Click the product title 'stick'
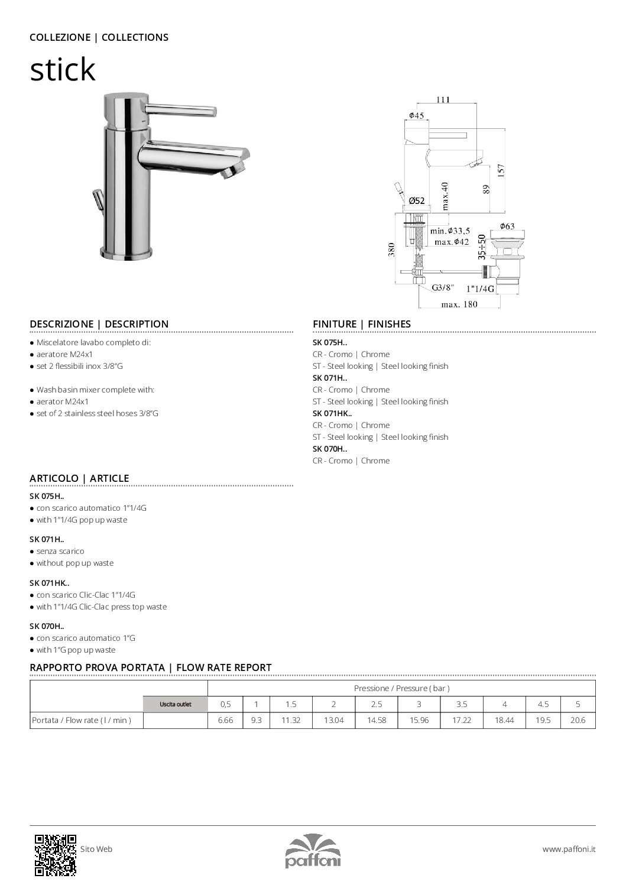pyautogui.click(x=62, y=69)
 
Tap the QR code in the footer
pyautogui.click(x=55, y=854)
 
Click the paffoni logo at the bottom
pyautogui.click(x=313, y=851)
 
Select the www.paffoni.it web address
pyautogui.click(x=569, y=849)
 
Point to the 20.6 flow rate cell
pyautogui.click(x=578, y=720)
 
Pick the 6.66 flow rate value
pyautogui.click(x=225, y=720)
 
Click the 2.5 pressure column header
pyautogui.click(x=377, y=704)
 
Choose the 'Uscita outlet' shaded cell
pyautogui.click(x=176, y=704)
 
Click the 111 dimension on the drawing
pyautogui.click(x=443, y=99)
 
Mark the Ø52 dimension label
pyautogui.click(x=417, y=201)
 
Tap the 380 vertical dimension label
pyautogui.click(x=391, y=249)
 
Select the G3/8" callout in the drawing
pyautogui.click(x=442, y=288)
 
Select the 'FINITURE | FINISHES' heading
pyautogui.click(x=361, y=324)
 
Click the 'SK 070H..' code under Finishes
pyautogui.click(x=330, y=449)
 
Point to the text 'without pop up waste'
pyautogui.click(x=75, y=563)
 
